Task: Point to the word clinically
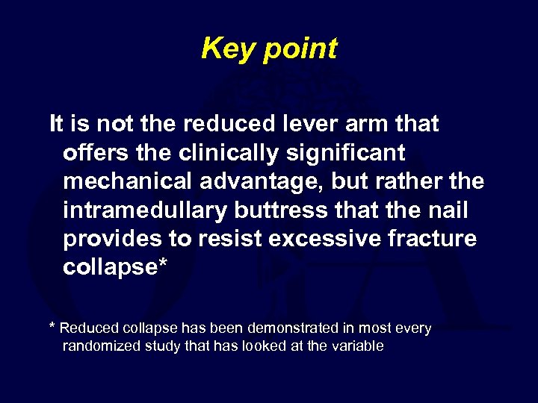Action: pyautogui.click(x=229, y=153)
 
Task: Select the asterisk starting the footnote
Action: pyautogui.click(x=52, y=327)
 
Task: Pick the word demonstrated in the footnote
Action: pyautogui.click(x=313, y=328)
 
